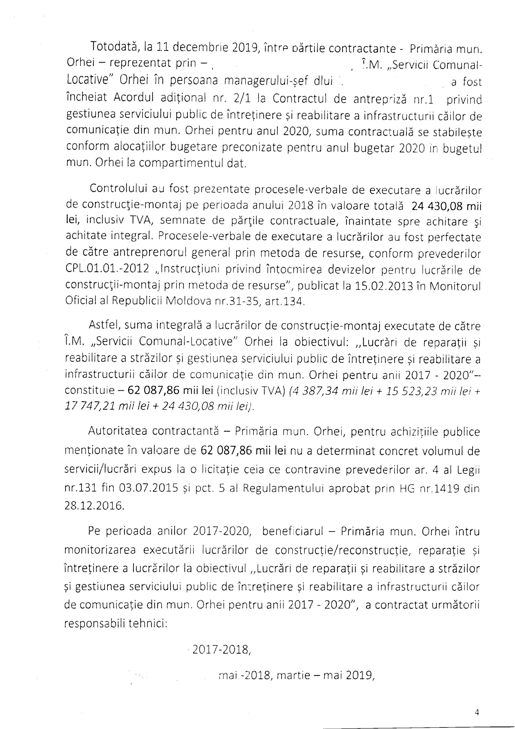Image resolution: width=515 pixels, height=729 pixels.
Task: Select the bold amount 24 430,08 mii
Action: click(446, 207)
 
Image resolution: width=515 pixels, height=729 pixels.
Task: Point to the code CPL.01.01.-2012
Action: click(107, 270)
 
